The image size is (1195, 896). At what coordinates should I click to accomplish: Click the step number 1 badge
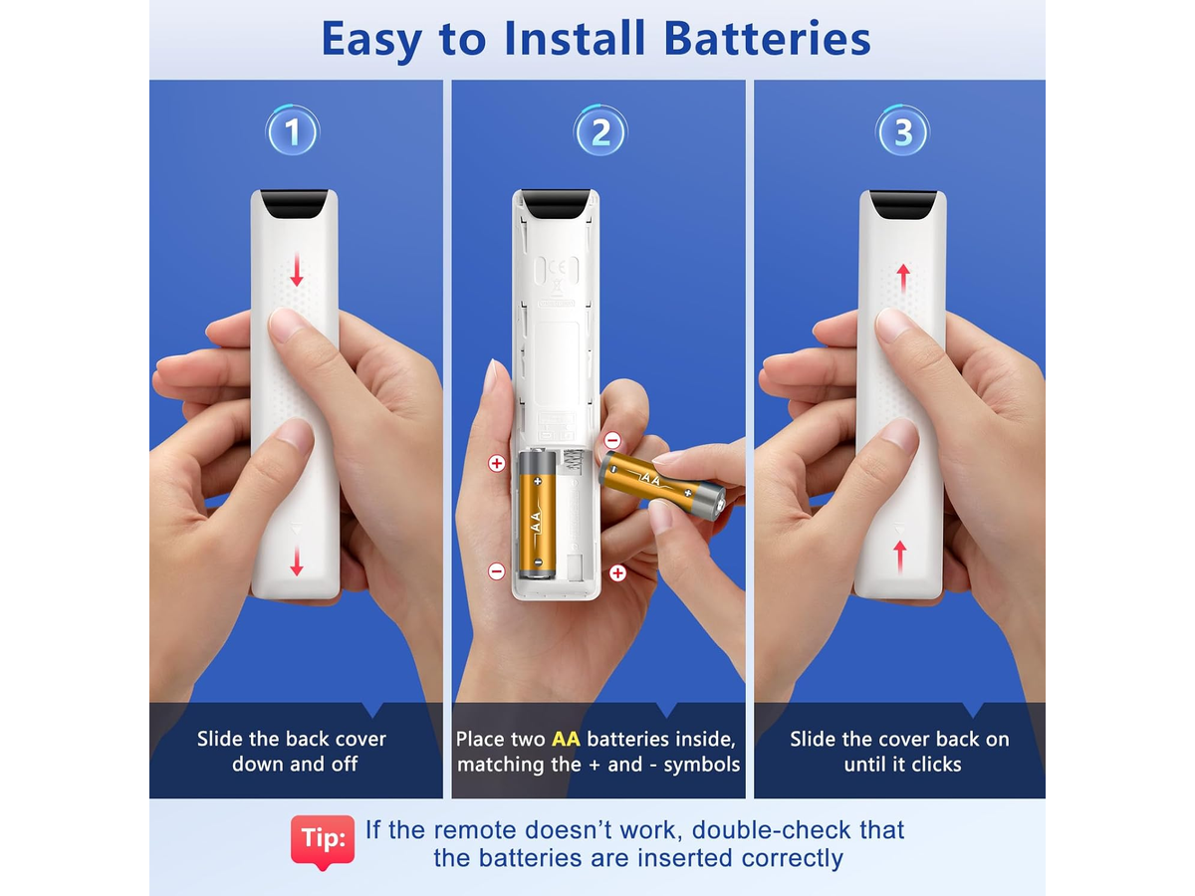tap(293, 131)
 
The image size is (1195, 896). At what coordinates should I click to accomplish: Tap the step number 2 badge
tap(599, 131)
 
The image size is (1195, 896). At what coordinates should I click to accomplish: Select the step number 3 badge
tap(902, 131)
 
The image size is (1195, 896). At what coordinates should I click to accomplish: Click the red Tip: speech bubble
tap(323, 841)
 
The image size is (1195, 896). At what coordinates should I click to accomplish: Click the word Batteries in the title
tap(767, 39)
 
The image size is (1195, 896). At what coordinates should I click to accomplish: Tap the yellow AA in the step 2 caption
tap(566, 739)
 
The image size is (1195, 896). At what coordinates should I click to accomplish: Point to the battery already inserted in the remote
tap(538, 513)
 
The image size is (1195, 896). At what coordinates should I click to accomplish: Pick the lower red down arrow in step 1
tap(297, 560)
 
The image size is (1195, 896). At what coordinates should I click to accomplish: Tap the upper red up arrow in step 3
tap(903, 280)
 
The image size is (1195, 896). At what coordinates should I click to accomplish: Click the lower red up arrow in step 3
tap(900, 557)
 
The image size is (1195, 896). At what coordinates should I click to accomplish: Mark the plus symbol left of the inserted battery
tap(496, 464)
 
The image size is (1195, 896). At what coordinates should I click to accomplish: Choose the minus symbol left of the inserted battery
tap(496, 571)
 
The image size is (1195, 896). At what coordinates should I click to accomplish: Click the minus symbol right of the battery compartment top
tap(612, 440)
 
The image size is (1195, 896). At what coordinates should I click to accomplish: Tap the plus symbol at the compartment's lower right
tap(617, 572)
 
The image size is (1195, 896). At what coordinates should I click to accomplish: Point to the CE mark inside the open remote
tap(557, 267)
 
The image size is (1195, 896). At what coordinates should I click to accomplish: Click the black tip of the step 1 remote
tap(294, 204)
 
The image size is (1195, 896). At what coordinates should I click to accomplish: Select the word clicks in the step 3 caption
tap(936, 765)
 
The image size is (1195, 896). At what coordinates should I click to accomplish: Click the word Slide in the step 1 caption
tap(220, 739)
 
